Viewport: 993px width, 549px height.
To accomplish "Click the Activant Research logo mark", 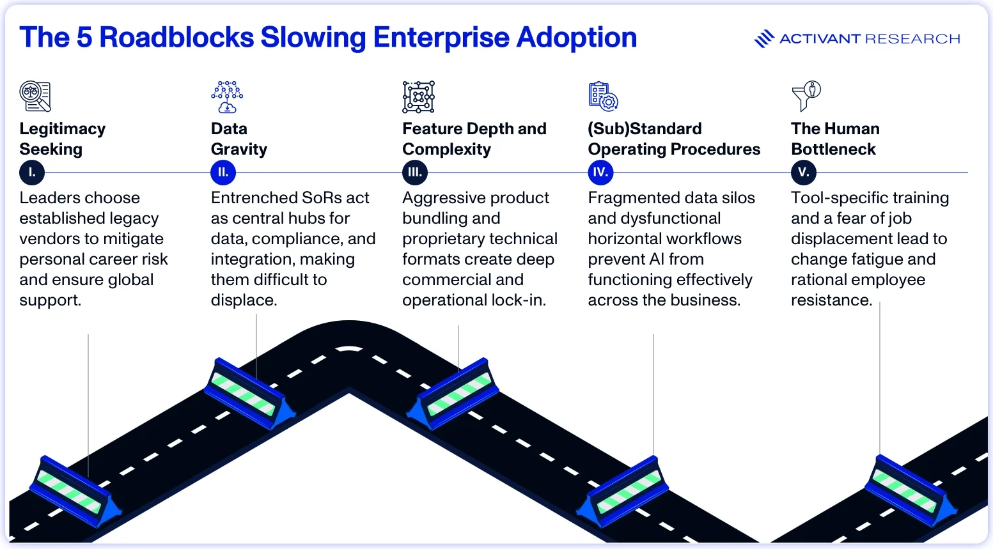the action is tap(764, 38).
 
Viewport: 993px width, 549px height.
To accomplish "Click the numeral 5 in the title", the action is tap(84, 37).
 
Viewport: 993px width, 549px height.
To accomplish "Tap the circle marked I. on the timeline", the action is tap(32, 173).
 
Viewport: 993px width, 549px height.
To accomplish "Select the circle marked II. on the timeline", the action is tap(223, 173).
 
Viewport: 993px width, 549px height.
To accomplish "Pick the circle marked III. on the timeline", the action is tap(415, 173).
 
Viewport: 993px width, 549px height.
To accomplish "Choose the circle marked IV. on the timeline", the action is tap(600, 173).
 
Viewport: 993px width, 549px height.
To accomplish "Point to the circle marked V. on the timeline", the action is tap(804, 173).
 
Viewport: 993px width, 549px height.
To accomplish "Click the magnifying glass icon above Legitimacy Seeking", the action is tap(35, 96).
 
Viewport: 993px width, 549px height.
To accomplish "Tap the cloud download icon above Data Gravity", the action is tap(227, 97).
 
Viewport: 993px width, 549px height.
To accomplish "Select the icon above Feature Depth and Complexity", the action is tap(418, 97).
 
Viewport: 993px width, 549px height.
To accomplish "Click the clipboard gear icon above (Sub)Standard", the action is tap(604, 96).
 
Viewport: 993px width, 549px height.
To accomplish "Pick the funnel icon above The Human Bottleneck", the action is tap(806, 96).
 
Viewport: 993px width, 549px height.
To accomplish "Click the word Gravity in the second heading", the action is tap(239, 150).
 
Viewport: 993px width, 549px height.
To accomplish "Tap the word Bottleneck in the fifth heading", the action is tap(833, 150).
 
